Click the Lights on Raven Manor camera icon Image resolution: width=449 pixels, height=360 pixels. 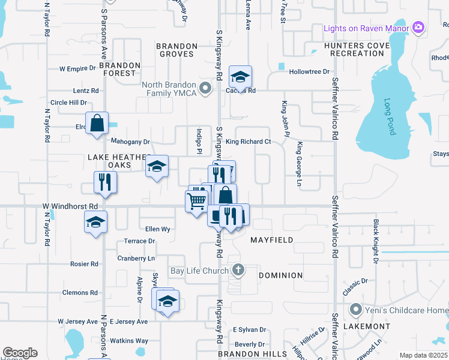[x=419, y=28]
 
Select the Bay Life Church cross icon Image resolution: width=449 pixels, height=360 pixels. [x=238, y=269]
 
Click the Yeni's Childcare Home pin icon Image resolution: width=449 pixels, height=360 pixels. [x=356, y=310]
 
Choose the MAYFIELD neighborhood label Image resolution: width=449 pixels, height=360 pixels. [x=272, y=240]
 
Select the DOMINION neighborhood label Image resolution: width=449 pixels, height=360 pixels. [x=280, y=275]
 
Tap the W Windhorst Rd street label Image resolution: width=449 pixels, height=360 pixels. [x=70, y=206]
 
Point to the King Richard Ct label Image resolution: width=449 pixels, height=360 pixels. [x=249, y=142]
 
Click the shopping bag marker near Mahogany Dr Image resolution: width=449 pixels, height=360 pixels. [x=97, y=124]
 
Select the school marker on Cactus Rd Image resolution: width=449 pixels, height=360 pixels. [x=240, y=77]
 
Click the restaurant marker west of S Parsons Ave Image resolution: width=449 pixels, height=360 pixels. [x=106, y=182]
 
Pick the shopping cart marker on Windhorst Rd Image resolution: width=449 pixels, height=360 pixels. [x=197, y=202]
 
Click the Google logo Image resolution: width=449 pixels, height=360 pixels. [x=20, y=353]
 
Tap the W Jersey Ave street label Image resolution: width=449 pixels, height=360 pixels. [x=79, y=322]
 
